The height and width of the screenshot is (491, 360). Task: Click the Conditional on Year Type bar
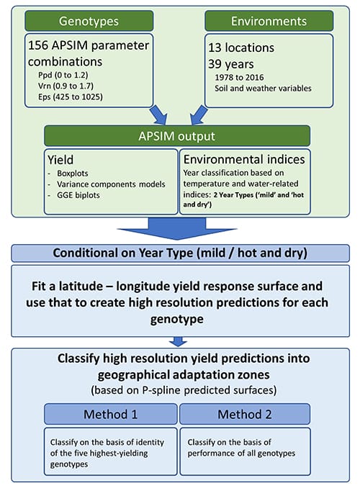coord(180,253)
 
